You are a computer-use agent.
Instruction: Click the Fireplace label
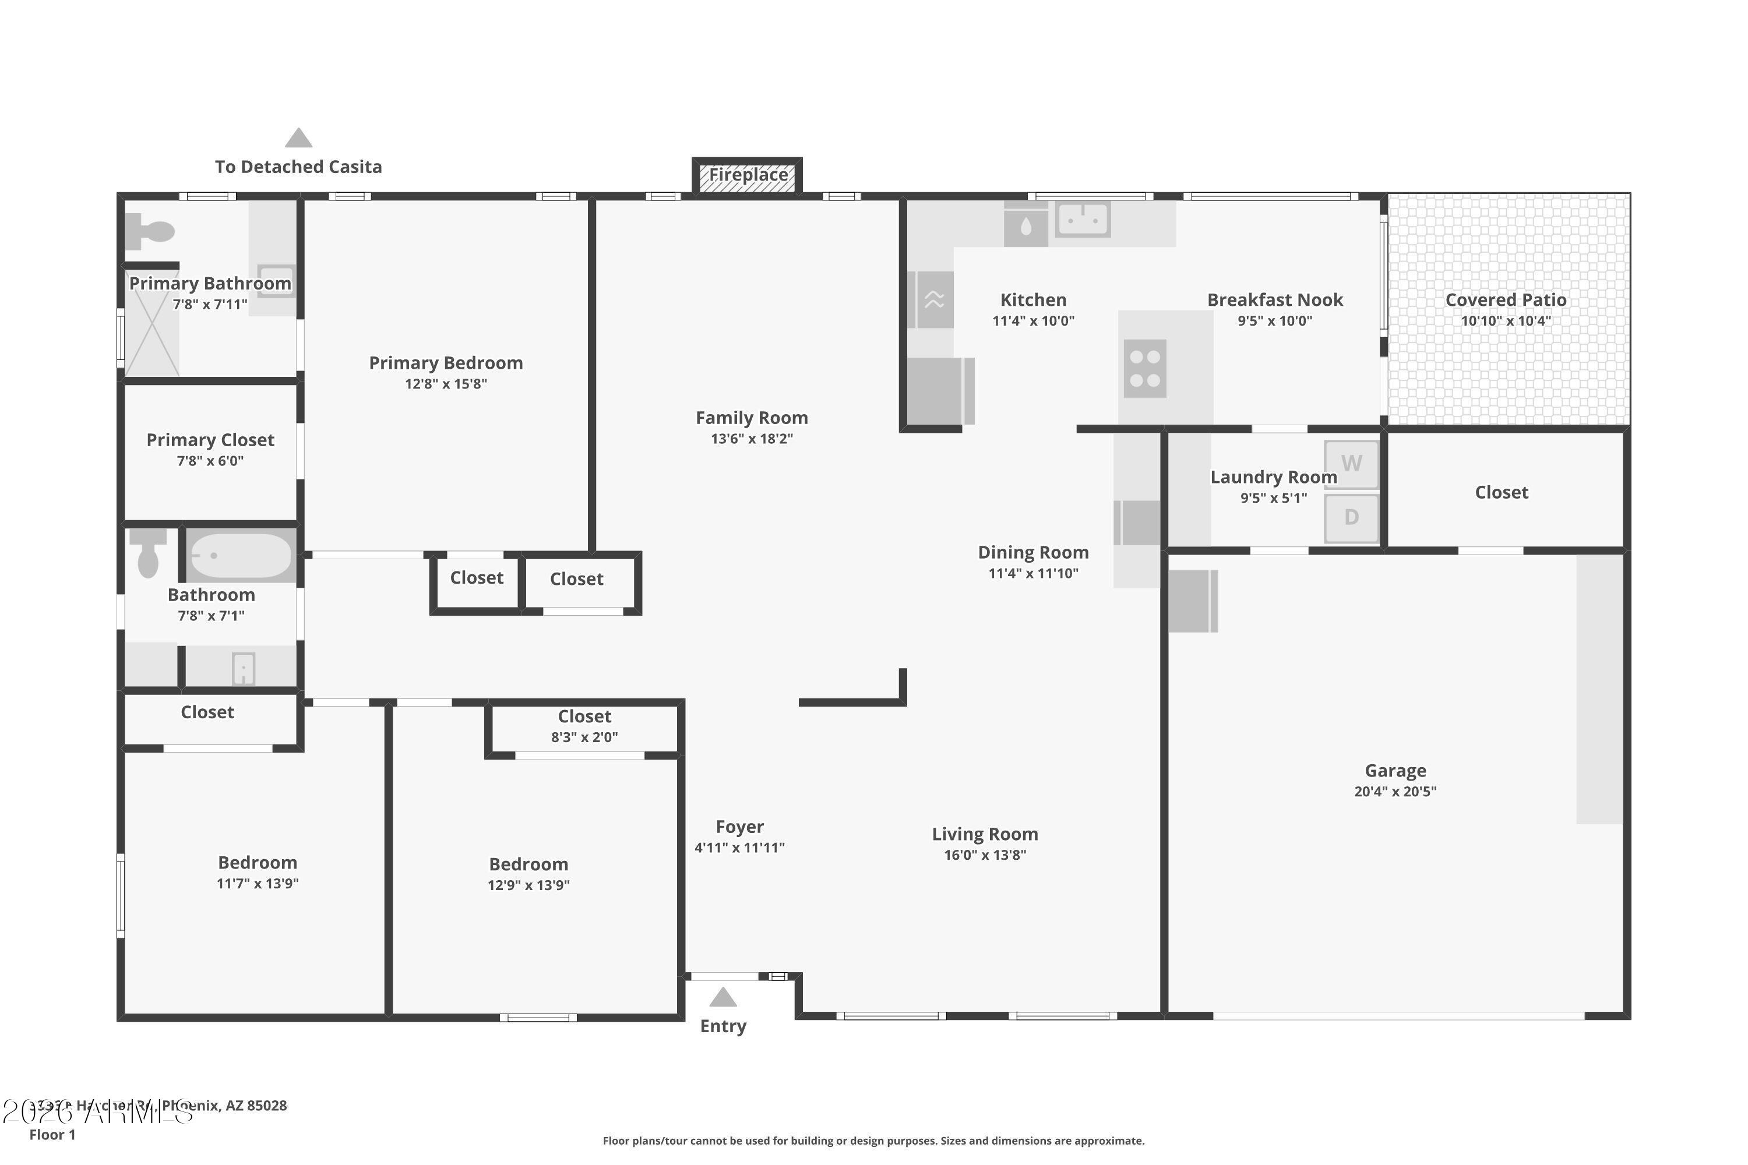[748, 175]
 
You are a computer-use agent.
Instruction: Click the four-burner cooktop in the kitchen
[1144, 369]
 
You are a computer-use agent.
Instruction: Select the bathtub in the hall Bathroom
[240, 556]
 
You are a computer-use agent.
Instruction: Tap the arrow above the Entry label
[723, 997]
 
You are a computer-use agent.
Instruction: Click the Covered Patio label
[1506, 300]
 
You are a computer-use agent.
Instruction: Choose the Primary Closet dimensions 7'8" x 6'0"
[210, 461]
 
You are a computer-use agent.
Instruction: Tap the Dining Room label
[1033, 553]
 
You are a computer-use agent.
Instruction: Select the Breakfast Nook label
[1275, 300]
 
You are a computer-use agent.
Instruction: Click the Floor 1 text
[52, 1135]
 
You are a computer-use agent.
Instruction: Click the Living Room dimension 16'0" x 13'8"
[985, 855]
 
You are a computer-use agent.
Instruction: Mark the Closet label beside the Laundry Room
[1502, 493]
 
